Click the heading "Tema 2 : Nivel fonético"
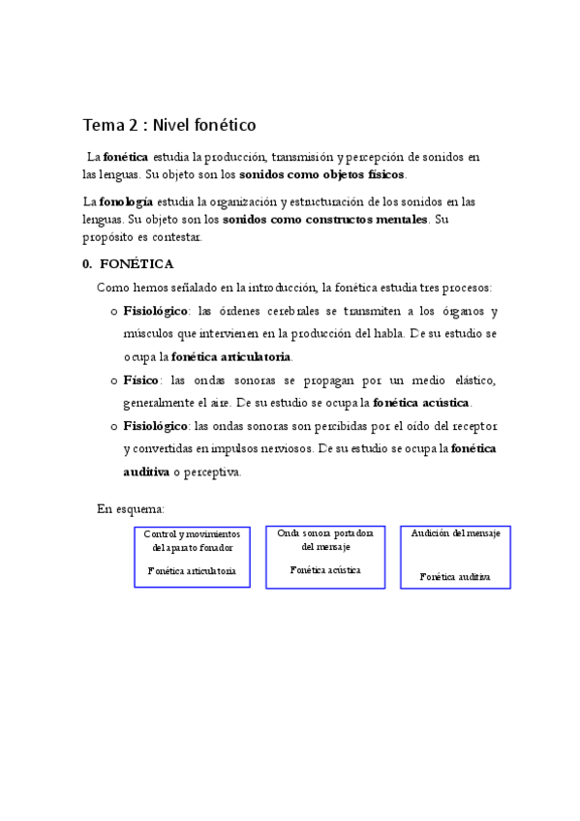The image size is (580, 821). click(168, 125)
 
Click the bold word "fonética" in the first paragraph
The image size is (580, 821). click(125, 156)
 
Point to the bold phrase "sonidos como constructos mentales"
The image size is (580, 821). click(318, 219)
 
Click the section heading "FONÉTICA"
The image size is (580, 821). click(137, 263)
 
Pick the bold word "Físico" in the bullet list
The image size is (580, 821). click(143, 380)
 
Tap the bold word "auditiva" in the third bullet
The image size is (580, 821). click(145, 472)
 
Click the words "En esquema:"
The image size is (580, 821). click(131, 508)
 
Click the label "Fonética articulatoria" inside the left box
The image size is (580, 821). click(192, 571)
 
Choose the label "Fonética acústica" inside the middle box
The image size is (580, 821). click(325, 570)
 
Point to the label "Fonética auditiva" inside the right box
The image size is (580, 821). click(455, 576)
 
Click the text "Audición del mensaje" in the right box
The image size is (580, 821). click(455, 533)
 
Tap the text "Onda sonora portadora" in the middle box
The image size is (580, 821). click(325, 533)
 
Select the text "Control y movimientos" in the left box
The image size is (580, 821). click(192, 534)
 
